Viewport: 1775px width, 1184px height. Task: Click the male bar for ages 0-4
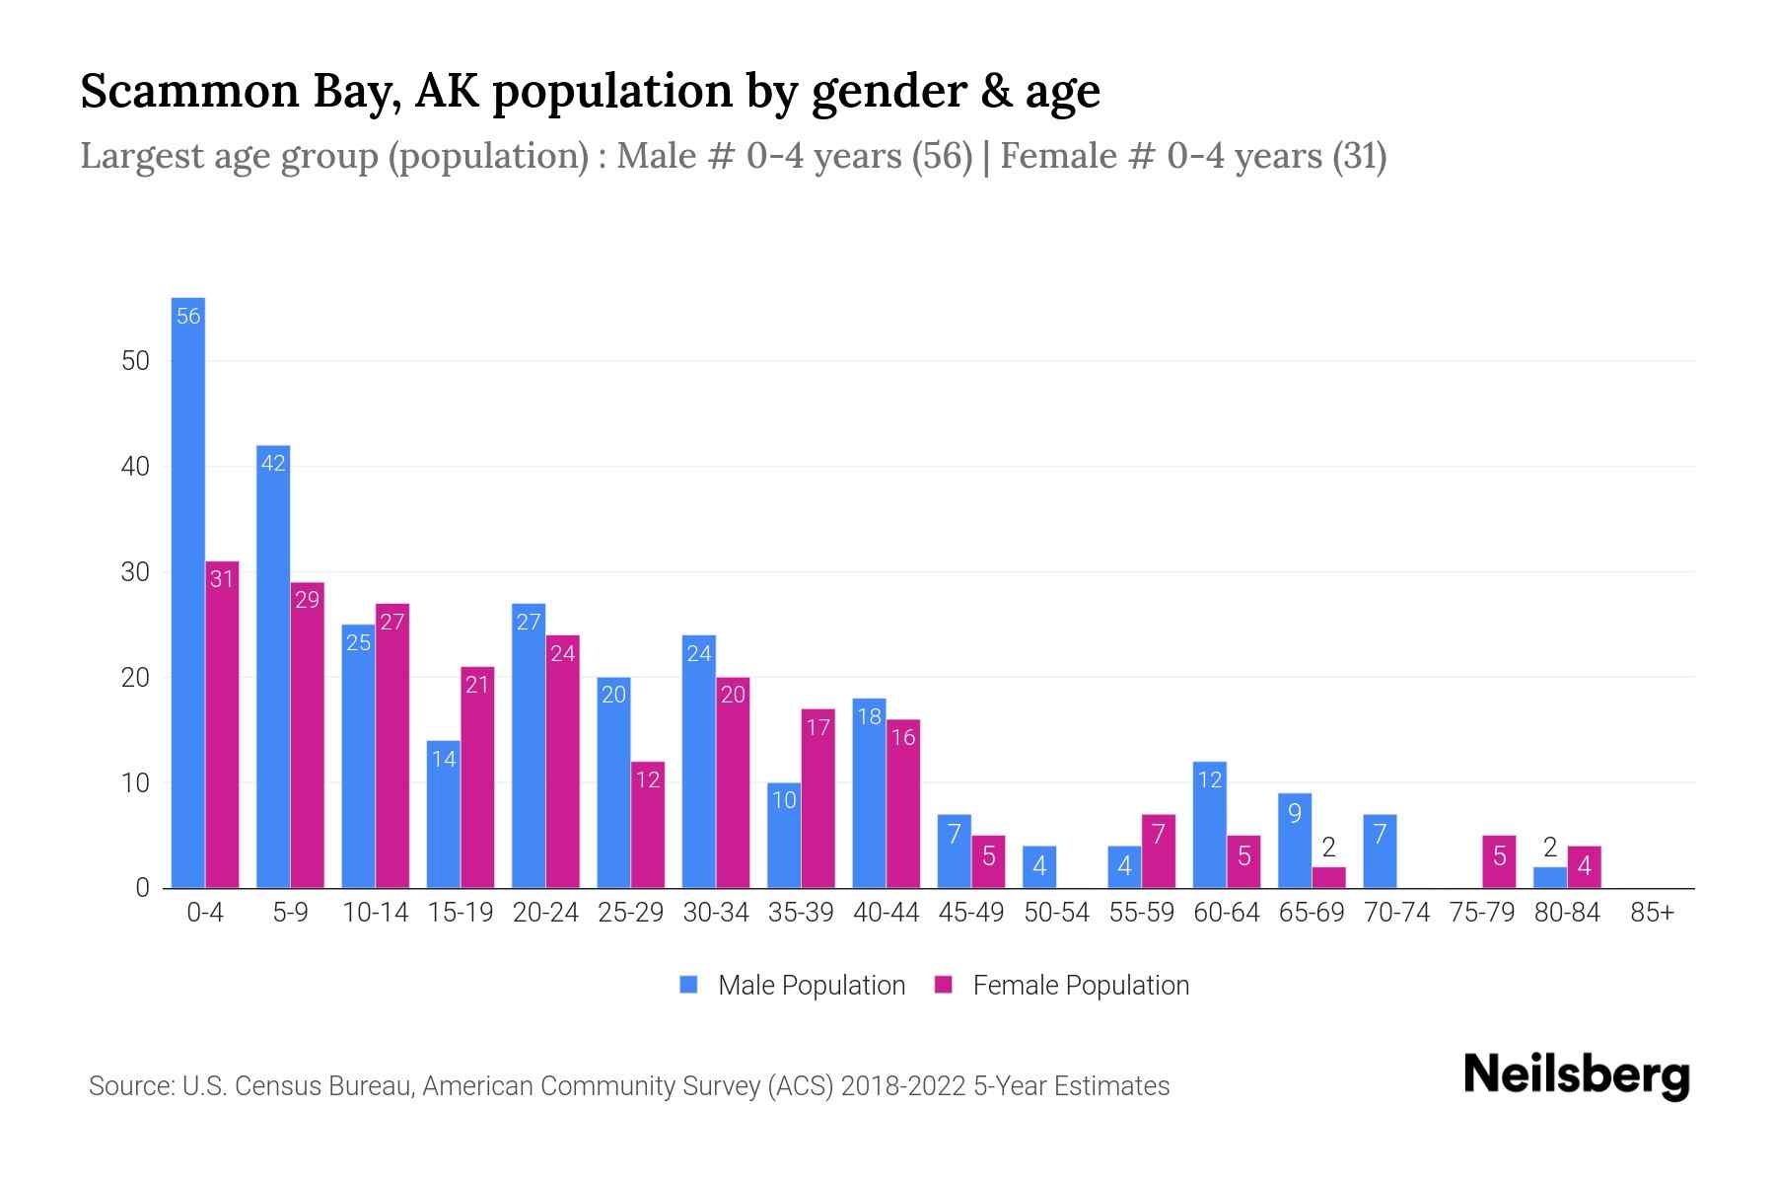click(x=187, y=592)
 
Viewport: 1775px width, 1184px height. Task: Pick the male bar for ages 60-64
click(x=1209, y=825)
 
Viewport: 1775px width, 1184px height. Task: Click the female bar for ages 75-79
click(x=1499, y=861)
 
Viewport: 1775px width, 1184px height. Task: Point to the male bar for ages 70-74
click(x=1380, y=851)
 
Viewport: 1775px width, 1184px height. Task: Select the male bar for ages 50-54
click(x=1039, y=867)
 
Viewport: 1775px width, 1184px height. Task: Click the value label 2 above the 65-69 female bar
click(x=1328, y=848)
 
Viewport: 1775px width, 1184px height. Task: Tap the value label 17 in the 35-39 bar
click(x=817, y=728)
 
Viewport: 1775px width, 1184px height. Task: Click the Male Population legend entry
click(x=793, y=986)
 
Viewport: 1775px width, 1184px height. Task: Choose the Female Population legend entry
click(x=1062, y=986)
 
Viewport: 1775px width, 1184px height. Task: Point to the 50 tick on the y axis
click(x=135, y=361)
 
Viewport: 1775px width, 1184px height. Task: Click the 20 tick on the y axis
click(x=135, y=678)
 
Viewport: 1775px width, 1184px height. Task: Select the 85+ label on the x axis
click(x=1652, y=913)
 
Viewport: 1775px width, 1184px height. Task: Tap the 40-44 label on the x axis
click(x=886, y=913)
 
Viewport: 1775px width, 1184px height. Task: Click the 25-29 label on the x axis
click(x=630, y=913)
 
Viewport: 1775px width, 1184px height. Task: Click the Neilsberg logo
click(x=1576, y=1075)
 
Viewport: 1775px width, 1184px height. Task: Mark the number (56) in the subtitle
click(x=942, y=156)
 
